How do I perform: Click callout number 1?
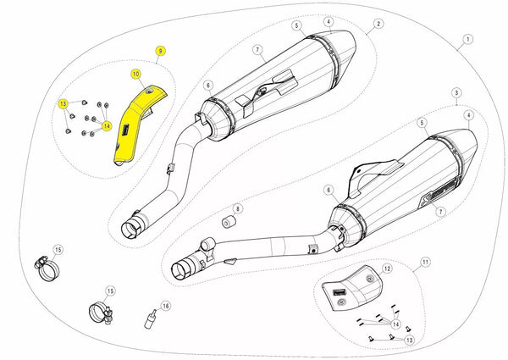[x=467, y=40]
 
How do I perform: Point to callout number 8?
[x=238, y=208]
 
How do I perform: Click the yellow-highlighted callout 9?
[x=159, y=52]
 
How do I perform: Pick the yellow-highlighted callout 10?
[x=135, y=75]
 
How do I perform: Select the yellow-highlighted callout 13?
[x=63, y=103]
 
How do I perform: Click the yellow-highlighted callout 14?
[x=107, y=126]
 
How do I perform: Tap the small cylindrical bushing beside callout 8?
[x=227, y=223]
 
